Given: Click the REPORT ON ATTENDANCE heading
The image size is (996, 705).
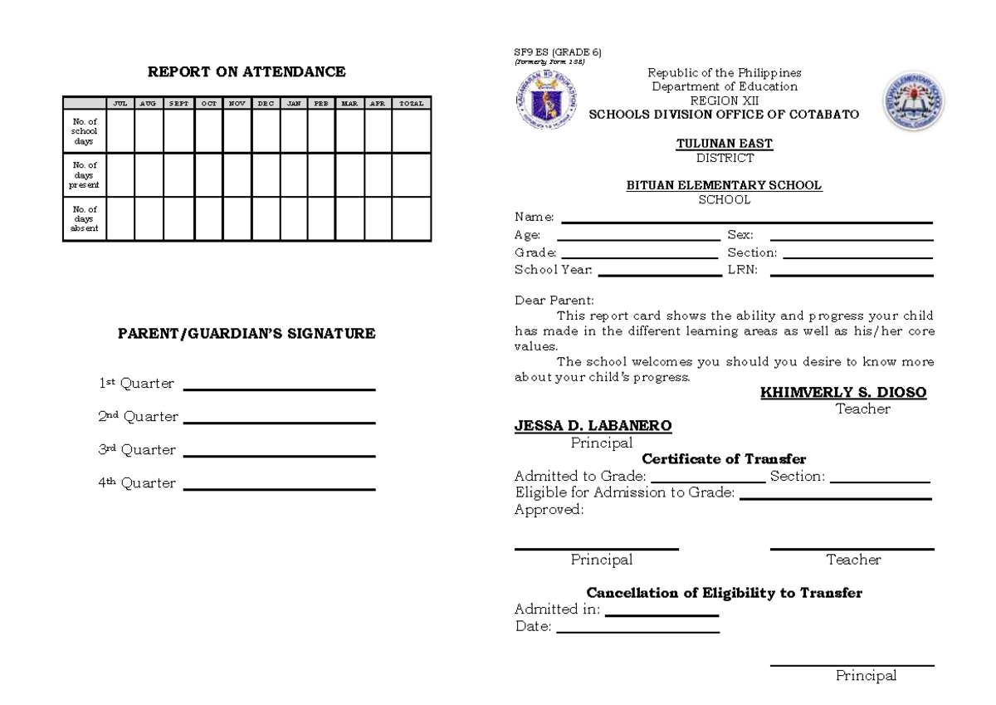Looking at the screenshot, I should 247,72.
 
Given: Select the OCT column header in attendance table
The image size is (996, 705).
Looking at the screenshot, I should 208,104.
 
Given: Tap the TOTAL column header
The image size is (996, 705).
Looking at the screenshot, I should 411,104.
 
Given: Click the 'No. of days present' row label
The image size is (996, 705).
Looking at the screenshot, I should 85,174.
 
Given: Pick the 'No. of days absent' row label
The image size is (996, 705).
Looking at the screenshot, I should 85,218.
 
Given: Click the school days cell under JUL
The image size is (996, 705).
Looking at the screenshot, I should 120,130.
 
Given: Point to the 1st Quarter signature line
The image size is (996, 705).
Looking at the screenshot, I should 279,389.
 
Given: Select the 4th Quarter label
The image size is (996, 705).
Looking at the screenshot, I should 137,483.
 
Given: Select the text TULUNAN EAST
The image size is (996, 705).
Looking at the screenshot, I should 725,144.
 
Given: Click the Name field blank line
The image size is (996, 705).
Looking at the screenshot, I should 747,222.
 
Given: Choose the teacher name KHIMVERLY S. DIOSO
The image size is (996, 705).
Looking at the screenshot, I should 843,393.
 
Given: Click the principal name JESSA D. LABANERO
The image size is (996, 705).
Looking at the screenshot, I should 593,426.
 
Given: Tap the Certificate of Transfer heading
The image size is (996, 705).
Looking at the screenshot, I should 724,459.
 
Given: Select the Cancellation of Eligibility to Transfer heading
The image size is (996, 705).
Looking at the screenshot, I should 724,594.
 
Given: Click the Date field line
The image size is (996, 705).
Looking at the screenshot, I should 637,632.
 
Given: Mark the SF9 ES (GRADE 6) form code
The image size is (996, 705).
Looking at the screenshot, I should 558,52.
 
